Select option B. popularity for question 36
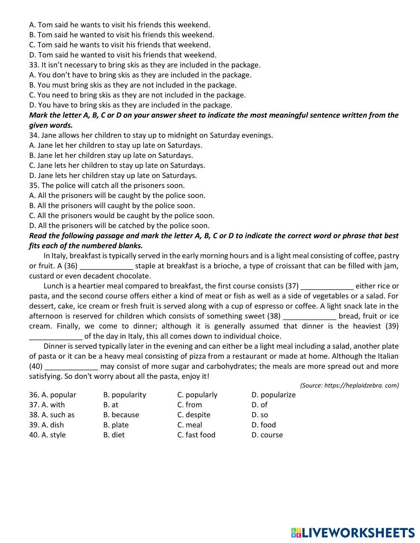coord(125,395)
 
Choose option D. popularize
coord(273,395)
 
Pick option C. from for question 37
coord(189,405)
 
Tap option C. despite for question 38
coord(194,415)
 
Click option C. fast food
coord(196,435)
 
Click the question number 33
coord(34,65)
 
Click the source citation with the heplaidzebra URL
coord(349,385)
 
